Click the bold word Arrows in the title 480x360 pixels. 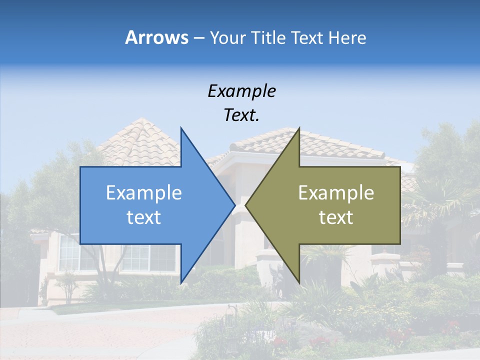coord(156,37)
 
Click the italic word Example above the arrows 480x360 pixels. coord(241,91)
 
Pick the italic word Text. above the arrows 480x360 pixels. coord(241,115)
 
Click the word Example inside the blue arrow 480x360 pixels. coord(144,192)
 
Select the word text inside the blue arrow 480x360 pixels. coord(144,217)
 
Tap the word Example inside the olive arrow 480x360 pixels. coord(336,192)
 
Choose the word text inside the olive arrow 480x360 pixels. coord(336,217)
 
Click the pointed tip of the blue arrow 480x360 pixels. coord(234,205)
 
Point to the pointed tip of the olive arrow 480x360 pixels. coord(245,205)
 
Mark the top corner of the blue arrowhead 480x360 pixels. coord(181,128)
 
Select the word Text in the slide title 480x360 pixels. coord(306,37)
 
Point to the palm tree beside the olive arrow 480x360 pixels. coord(430,200)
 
